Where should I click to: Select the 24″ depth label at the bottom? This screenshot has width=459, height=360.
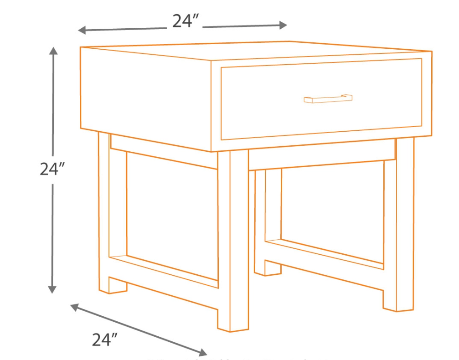(x=105, y=339)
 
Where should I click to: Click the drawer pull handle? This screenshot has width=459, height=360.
(x=328, y=98)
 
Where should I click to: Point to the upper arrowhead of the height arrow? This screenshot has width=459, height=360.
(x=54, y=51)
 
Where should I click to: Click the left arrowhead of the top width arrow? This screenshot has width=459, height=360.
(x=82, y=31)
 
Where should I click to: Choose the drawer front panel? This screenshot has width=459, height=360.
(x=319, y=114)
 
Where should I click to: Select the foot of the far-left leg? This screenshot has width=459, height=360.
(x=112, y=284)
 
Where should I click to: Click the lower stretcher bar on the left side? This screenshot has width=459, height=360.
(x=164, y=271)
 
